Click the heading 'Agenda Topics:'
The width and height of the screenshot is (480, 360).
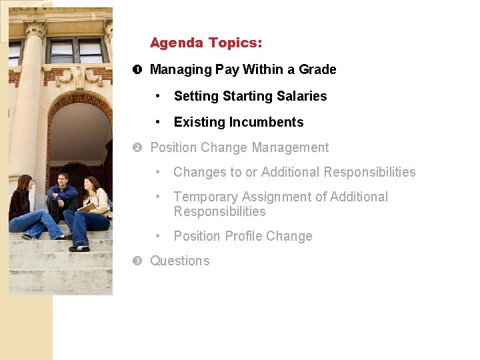point(206,43)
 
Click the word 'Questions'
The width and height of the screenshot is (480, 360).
point(179,261)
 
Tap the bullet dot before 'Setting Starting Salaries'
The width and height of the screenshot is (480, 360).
point(158,97)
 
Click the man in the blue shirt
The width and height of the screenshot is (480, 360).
point(63,197)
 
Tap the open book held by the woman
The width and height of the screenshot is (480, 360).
point(86,208)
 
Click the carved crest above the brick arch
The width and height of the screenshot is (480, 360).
point(79,77)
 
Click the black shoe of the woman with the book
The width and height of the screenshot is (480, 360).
point(79,247)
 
